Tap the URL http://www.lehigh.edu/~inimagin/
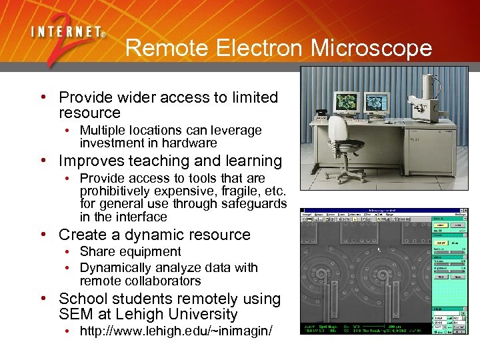(x=176, y=331)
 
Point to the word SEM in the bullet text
(x=75, y=314)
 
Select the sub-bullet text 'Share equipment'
(x=130, y=251)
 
